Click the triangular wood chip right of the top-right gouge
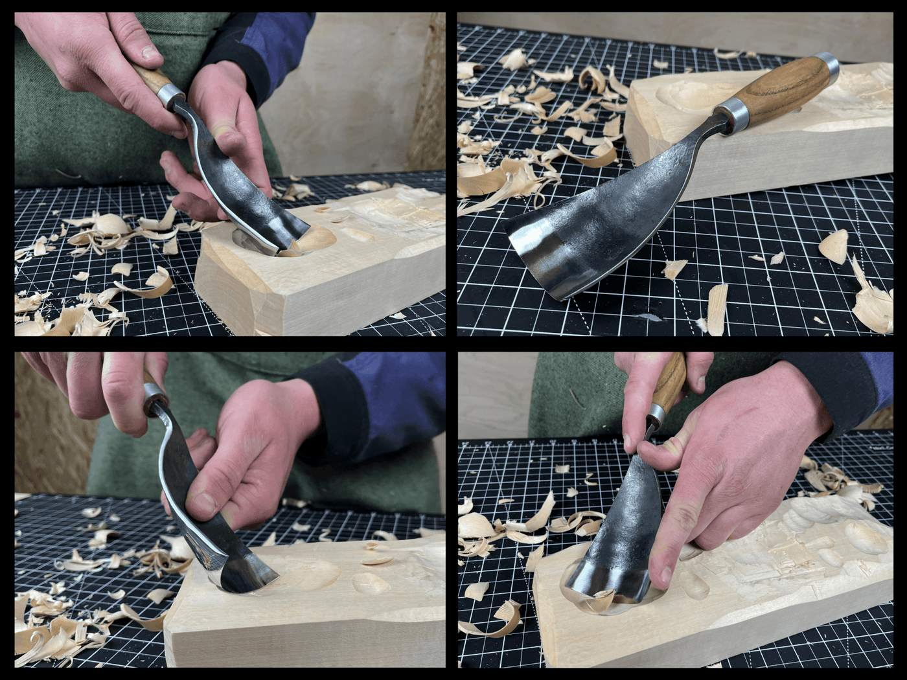pos(834,245)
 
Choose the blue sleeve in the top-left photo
pos(259,45)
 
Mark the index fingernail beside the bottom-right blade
pos(661,576)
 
